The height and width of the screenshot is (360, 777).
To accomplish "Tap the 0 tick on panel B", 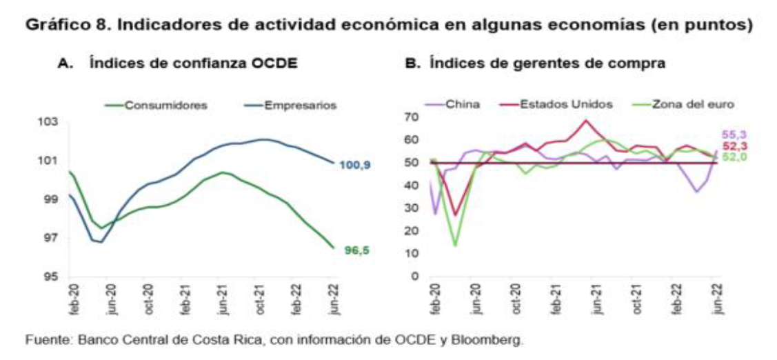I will click(416, 277).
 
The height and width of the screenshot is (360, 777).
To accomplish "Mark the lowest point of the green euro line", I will click(455, 245).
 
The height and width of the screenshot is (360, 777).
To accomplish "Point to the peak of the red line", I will click(586, 121).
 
